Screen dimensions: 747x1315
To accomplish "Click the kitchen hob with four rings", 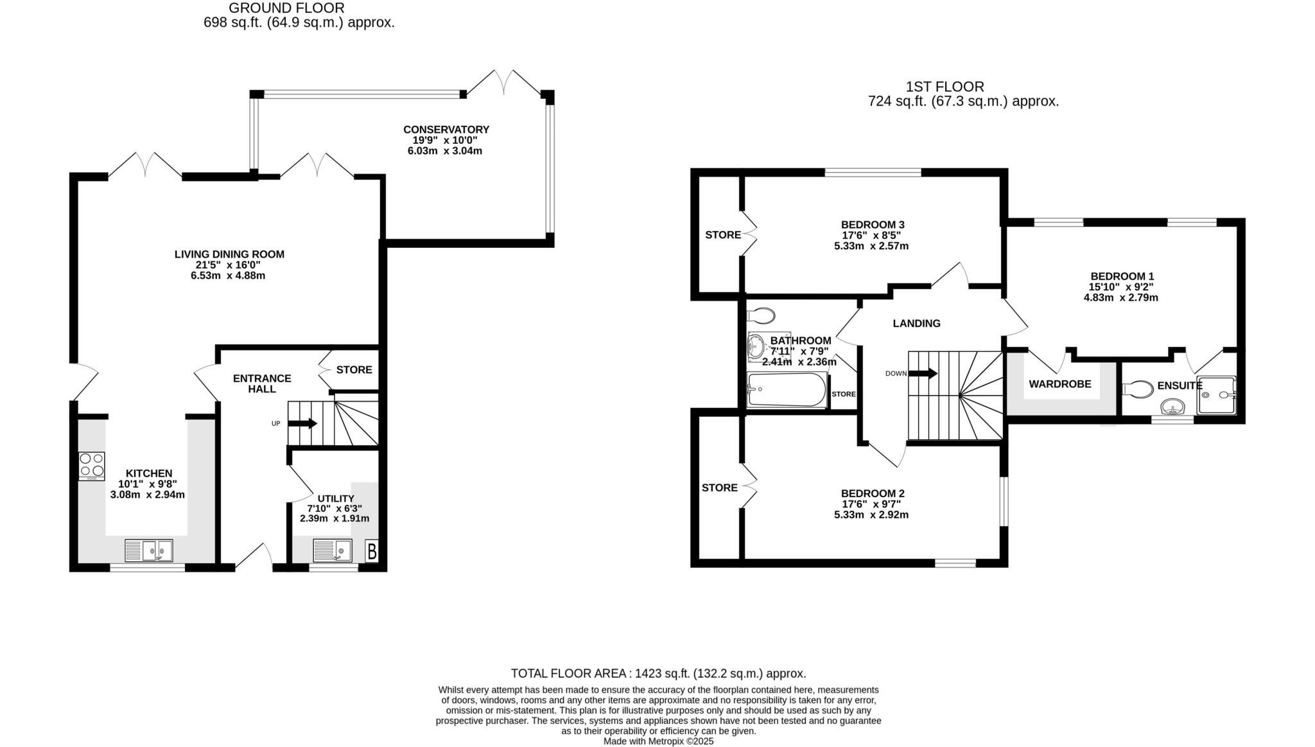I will click(92, 466).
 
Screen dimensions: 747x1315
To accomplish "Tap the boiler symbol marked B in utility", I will click(372, 551).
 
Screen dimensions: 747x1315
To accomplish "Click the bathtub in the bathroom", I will click(787, 391).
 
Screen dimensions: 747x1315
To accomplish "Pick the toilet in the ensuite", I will click(1138, 389).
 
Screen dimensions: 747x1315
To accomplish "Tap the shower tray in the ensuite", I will click(1216, 394).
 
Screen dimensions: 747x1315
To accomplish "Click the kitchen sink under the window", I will click(149, 550).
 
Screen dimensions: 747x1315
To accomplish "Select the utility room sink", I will click(332, 550).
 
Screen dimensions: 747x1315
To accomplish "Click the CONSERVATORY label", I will click(446, 130).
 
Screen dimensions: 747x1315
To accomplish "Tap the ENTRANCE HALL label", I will click(261, 383).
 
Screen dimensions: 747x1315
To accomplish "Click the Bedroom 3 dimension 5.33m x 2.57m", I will click(871, 246).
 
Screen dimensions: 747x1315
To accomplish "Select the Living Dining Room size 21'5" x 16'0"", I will click(229, 265).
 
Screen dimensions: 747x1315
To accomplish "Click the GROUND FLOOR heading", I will click(286, 8).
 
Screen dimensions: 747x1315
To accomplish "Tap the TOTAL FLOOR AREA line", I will click(658, 673).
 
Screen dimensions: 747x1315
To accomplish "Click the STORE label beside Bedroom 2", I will click(719, 488).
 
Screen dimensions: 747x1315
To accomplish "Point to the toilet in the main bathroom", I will click(761, 315).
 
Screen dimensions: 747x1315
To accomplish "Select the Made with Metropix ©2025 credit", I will click(658, 741).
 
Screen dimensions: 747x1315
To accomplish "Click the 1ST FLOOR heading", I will click(945, 87).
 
